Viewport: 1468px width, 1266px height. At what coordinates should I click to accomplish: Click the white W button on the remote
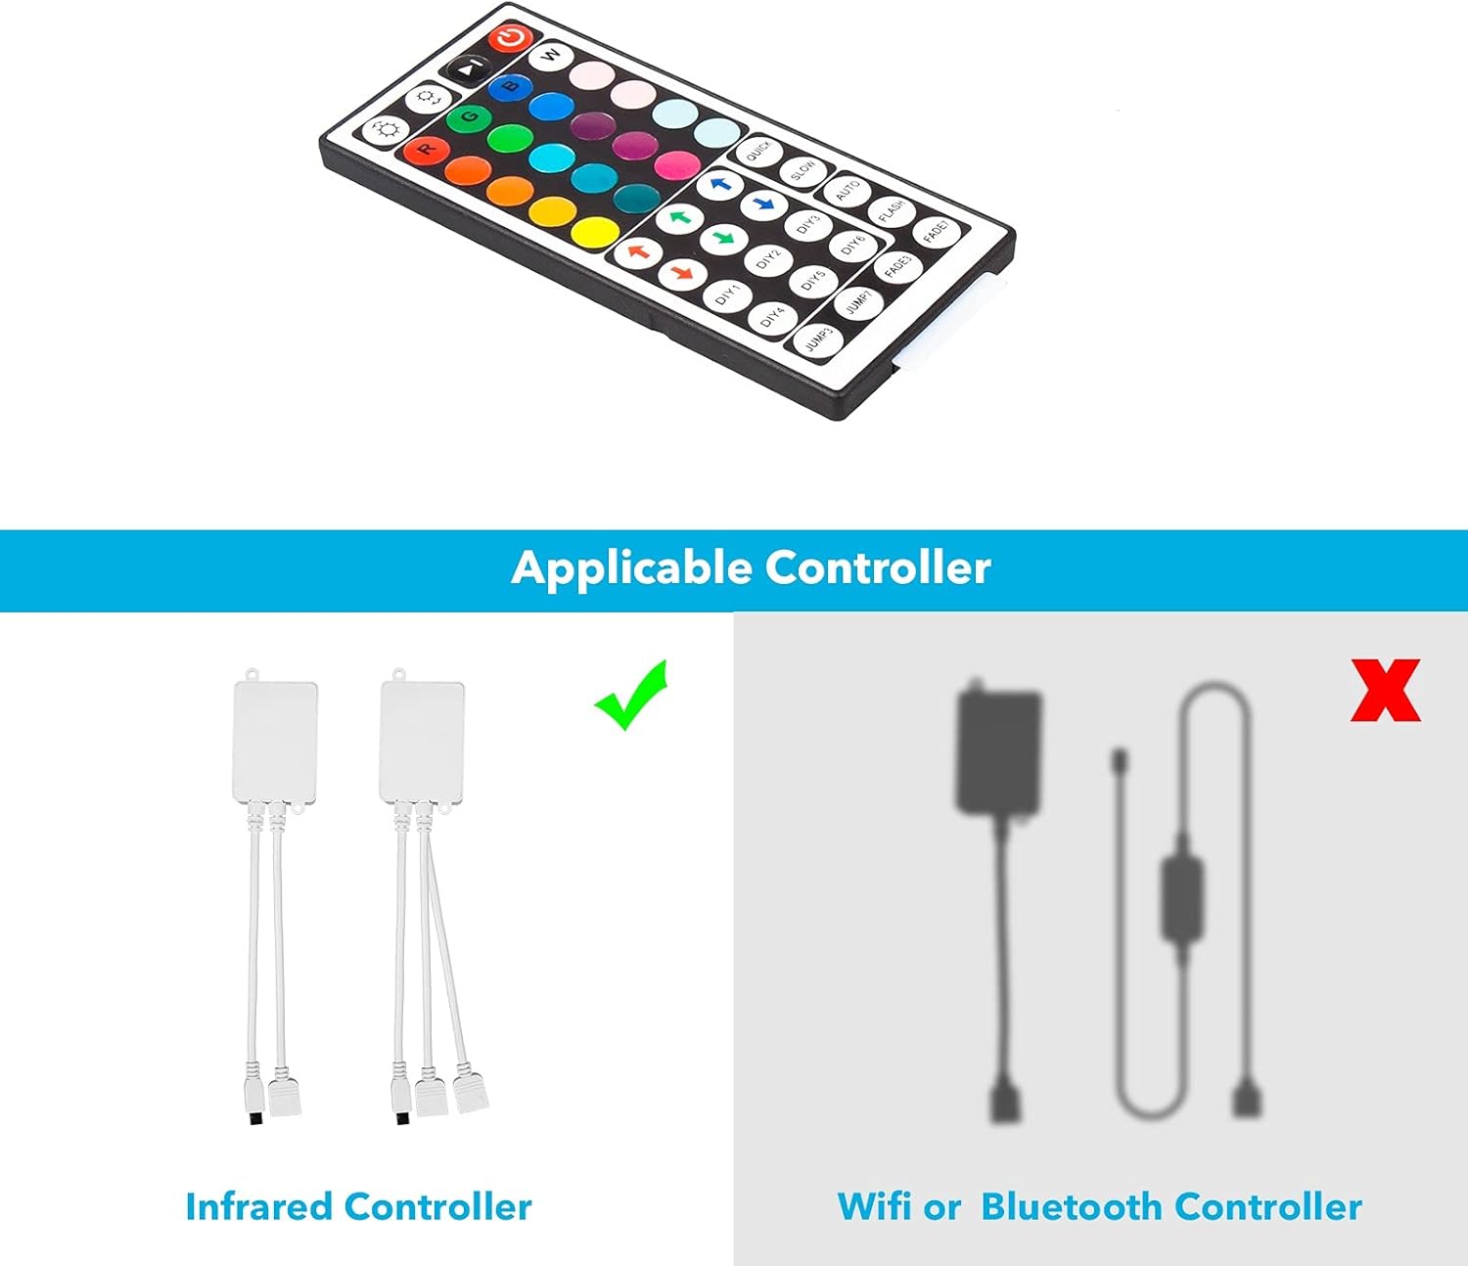coord(551,54)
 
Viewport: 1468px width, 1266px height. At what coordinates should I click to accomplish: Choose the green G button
coord(470,117)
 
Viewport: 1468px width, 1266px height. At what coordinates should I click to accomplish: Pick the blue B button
coord(510,87)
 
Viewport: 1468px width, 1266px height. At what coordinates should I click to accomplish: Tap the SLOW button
coord(803,170)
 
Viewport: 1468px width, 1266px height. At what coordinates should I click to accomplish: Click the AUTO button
coord(848,190)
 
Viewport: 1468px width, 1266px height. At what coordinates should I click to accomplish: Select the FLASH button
coord(891,210)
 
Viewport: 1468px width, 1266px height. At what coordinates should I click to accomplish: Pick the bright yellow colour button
coord(595,233)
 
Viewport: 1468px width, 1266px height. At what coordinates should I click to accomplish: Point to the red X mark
coord(1385,691)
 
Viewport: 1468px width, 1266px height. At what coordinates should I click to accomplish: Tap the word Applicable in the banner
coord(631,568)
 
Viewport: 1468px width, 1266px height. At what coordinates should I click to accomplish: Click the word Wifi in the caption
coord(874,1206)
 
